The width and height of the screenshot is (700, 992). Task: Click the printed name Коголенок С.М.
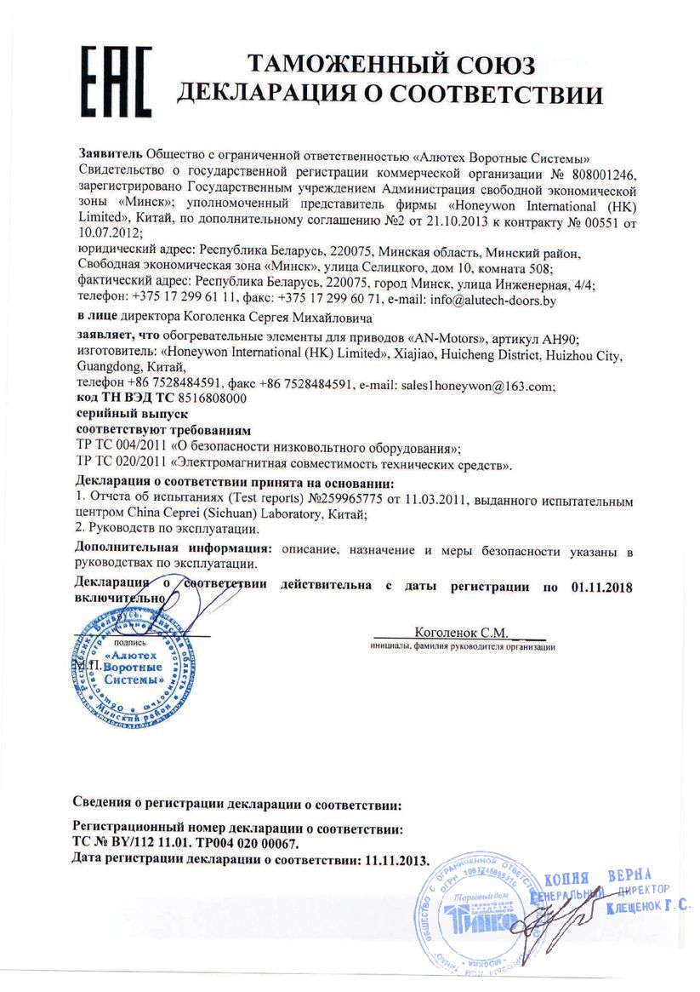(x=461, y=633)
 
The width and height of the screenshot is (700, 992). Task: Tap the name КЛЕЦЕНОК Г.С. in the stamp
(x=647, y=909)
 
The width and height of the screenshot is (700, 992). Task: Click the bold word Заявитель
(x=109, y=157)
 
